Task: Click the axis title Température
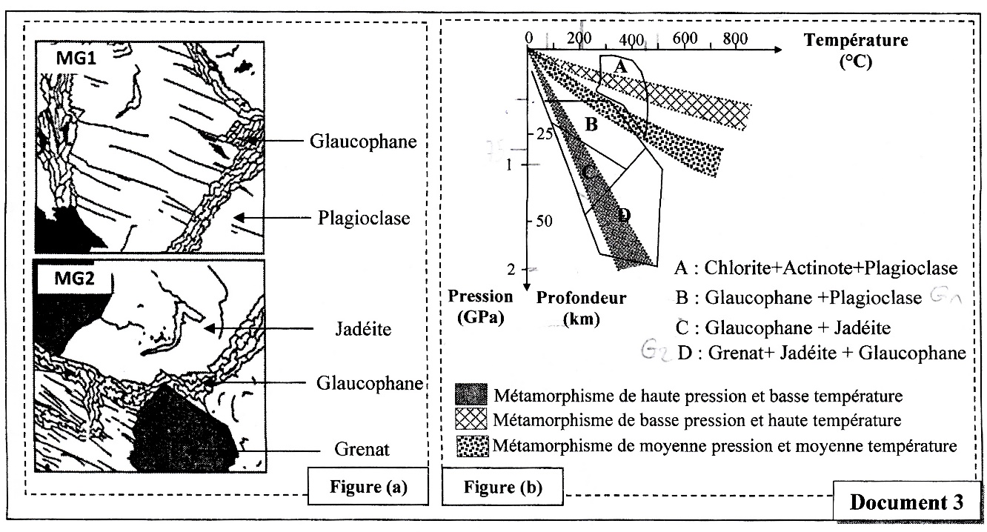(855, 39)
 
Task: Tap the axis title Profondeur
(581, 298)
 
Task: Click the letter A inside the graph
(622, 67)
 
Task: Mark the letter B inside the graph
(591, 124)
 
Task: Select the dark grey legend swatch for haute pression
(471, 393)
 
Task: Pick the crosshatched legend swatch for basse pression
(471, 419)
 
